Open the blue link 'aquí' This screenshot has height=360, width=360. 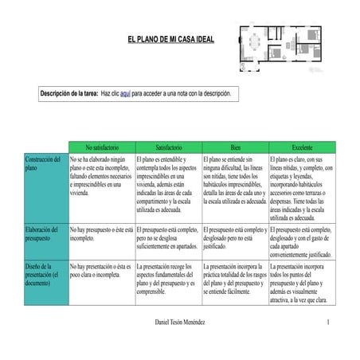click(125, 94)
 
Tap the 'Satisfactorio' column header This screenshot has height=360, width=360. click(168, 147)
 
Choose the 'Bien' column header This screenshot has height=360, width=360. click(235, 147)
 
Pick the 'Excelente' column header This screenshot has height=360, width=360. click(302, 147)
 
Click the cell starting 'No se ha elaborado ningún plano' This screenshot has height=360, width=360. click(100, 176)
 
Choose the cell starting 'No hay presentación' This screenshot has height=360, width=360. click(100, 271)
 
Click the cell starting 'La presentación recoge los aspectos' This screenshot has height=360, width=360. click(167, 279)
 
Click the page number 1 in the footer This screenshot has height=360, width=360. click(327, 322)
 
